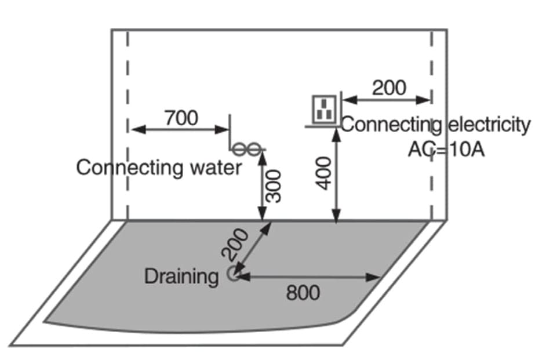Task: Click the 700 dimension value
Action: coord(181,118)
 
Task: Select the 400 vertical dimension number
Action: coord(325,172)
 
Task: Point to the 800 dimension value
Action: coord(303,293)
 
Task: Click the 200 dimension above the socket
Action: coord(389,88)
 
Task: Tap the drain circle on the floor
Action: coord(233,275)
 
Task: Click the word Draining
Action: coord(181,277)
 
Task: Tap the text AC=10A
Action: coord(446,149)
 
